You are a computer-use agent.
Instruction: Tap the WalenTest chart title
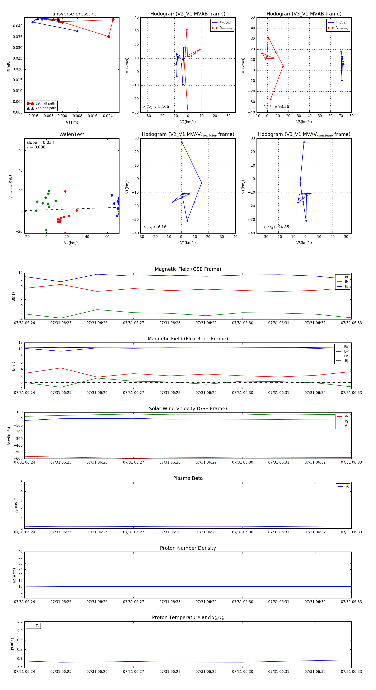tap(72, 134)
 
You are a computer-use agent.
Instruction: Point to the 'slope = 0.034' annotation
tap(40, 143)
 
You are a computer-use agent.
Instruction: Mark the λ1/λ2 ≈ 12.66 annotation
tap(156, 107)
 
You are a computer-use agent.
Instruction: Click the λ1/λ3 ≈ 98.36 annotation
tap(276, 107)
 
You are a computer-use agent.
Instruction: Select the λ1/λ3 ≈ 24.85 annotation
tap(276, 227)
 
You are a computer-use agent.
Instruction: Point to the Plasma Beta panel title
tap(188, 478)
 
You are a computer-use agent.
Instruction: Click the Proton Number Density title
tap(188, 548)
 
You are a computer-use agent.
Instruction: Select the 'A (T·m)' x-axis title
tap(72, 122)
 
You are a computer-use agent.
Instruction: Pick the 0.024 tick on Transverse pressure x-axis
tap(108, 116)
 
